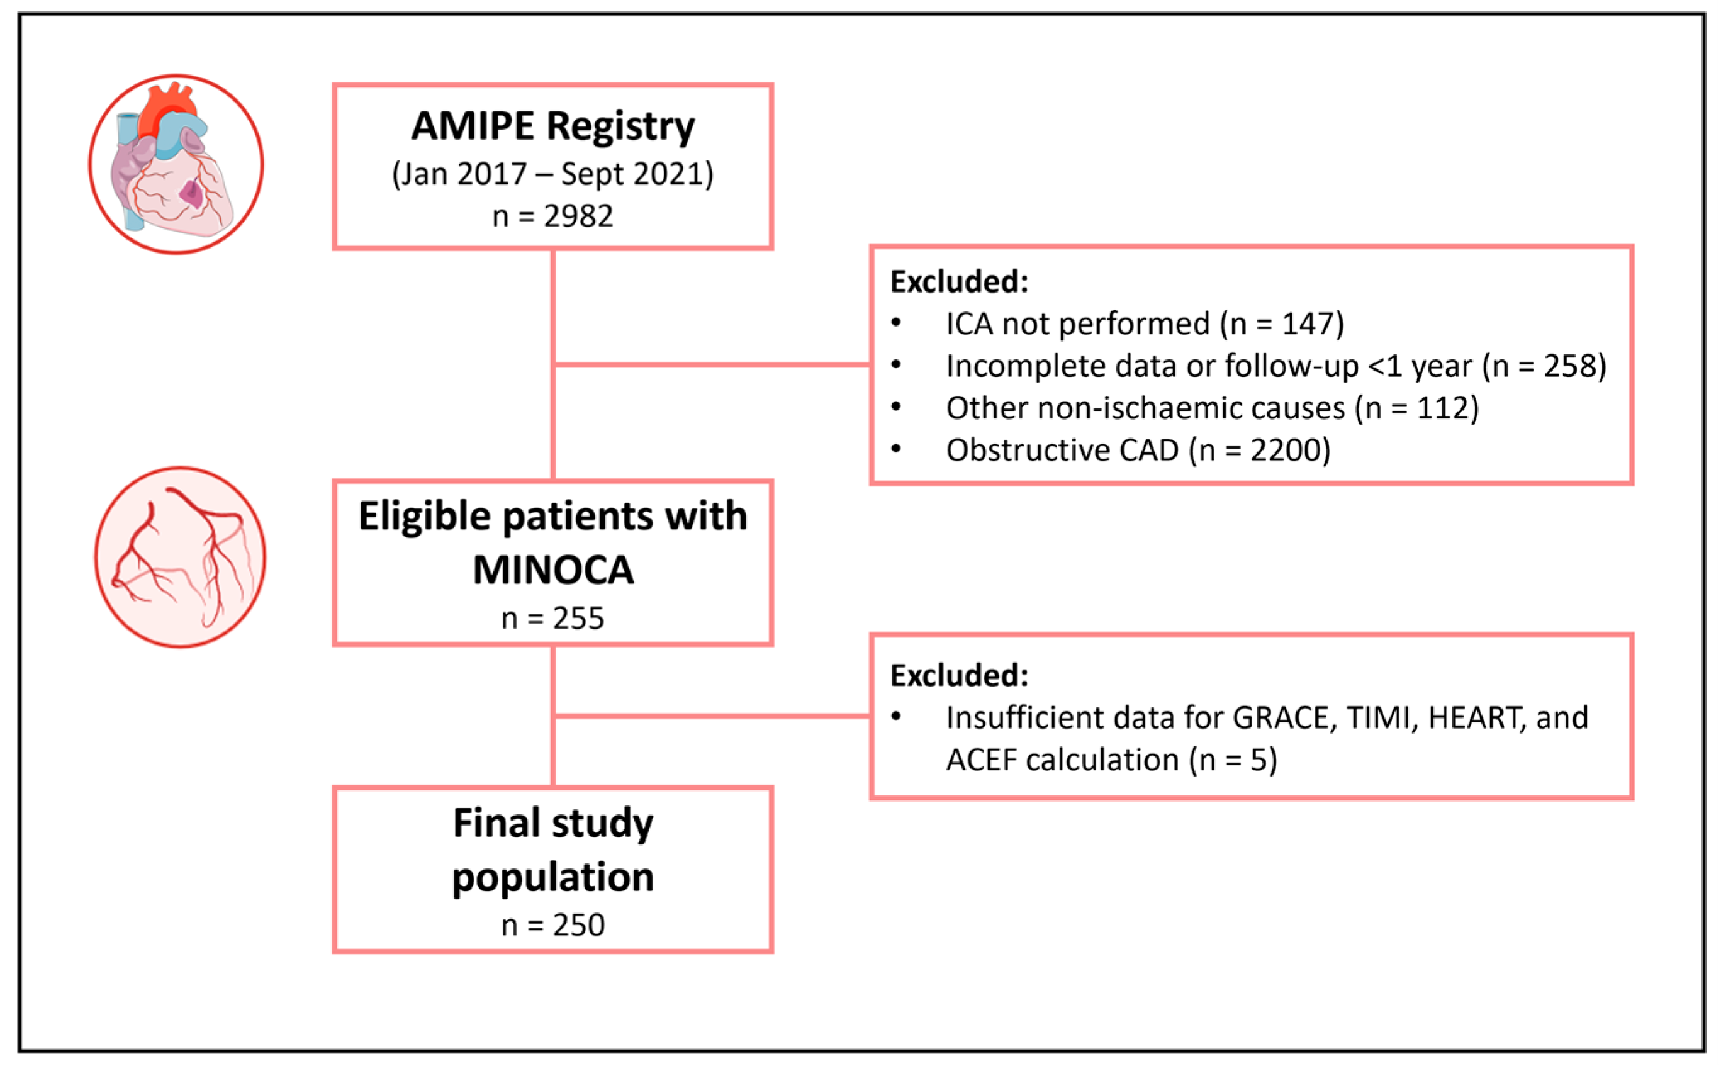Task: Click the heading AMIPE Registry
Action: [552, 127]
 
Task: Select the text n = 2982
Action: [552, 216]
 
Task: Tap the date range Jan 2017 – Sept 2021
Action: [552, 174]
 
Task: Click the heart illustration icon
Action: [176, 164]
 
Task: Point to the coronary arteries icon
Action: [180, 556]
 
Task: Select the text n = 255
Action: [552, 619]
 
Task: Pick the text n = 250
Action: [552, 925]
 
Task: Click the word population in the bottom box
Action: [552, 877]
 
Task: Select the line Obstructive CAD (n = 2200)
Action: [1137, 450]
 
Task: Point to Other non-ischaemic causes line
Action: [1211, 408]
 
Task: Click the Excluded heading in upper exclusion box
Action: [959, 281]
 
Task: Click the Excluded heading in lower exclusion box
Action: [959, 675]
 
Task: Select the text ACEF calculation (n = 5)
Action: [1111, 760]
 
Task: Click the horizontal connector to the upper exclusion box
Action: [712, 364]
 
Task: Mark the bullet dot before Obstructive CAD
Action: [895, 449]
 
